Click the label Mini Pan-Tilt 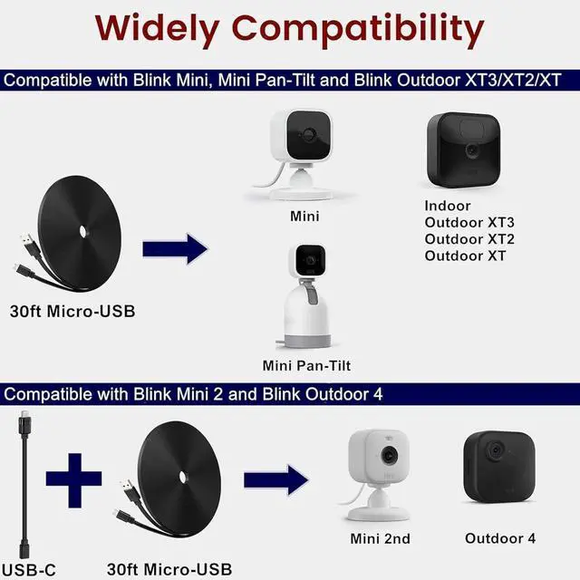(306, 366)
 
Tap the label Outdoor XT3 (469, 223)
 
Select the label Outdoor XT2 (469, 239)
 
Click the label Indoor (448, 206)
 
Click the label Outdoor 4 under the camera (500, 538)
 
